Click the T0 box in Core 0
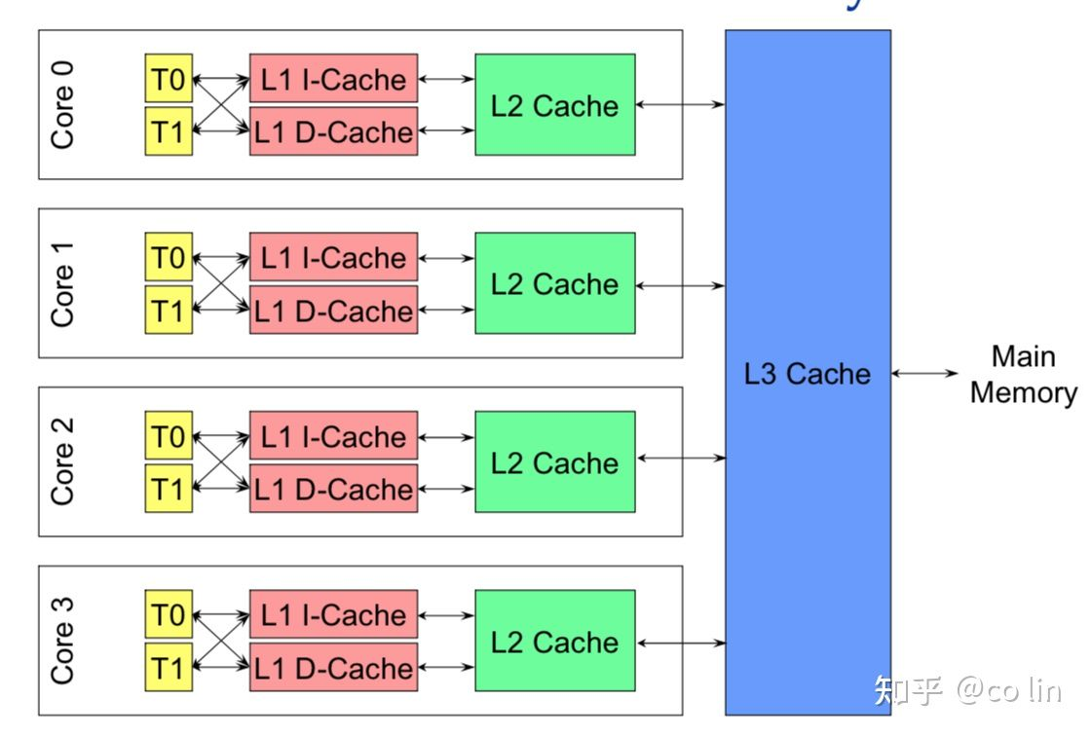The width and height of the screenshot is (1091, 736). coord(169,78)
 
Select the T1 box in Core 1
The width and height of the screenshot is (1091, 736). coord(169,311)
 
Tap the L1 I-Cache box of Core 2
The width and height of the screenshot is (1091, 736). coord(333,436)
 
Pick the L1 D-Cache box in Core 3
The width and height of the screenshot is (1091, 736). coord(333,668)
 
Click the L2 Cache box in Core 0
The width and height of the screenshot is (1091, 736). coord(554,104)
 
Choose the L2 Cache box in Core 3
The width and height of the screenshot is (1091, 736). coord(554,642)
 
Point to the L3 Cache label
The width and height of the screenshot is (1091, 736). coord(807,374)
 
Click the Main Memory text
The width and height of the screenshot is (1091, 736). coord(1023,375)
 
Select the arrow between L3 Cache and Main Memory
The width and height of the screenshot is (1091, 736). coord(924,373)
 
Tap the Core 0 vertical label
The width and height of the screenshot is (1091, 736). coord(62,104)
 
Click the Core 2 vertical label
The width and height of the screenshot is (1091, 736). coord(62,461)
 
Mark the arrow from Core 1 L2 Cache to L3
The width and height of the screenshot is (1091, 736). coord(680,285)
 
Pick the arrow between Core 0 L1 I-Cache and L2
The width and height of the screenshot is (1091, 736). coord(446,79)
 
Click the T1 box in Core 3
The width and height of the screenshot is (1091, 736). coord(169,668)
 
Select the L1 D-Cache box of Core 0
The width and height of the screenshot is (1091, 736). coord(333,132)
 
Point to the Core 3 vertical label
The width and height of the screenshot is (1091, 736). coord(62,641)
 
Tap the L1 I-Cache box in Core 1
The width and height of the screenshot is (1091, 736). coord(333,258)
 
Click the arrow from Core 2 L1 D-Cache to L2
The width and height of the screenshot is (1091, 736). coord(446,490)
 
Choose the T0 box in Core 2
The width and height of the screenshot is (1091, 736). coord(169,436)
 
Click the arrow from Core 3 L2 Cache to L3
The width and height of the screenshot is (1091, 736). coord(680,643)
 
